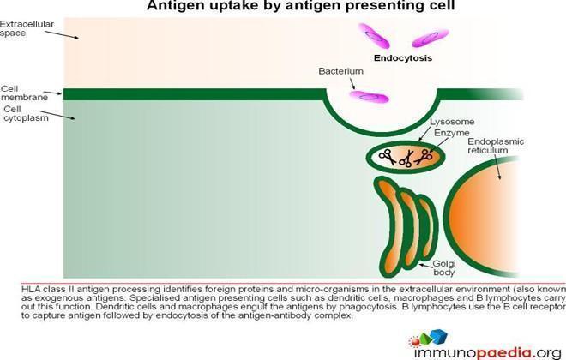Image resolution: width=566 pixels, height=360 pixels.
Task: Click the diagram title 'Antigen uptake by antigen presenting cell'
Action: [300, 5]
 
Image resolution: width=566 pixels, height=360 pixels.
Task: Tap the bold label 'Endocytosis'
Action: [403, 58]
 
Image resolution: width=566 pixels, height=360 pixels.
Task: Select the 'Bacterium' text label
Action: [340, 71]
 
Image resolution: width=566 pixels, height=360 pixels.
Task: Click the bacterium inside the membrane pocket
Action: [370, 97]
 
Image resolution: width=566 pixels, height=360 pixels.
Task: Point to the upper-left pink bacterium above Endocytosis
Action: [374, 35]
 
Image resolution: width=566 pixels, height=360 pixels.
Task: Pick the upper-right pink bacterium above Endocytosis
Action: [431, 38]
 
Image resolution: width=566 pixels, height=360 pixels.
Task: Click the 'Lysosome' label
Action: [452, 122]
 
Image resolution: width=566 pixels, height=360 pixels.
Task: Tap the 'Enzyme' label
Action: [452, 133]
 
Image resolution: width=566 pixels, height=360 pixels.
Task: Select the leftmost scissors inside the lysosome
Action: [387, 157]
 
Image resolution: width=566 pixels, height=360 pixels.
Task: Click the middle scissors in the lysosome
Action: [406, 159]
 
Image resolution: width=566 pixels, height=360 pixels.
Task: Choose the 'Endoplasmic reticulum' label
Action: [496, 146]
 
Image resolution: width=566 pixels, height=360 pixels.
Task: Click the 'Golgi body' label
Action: [444, 268]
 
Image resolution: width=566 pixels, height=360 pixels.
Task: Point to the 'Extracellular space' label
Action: [27, 28]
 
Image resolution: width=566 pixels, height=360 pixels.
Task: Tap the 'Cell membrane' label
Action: [24, 93]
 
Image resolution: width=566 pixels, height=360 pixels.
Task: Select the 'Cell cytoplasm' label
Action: [26, 113]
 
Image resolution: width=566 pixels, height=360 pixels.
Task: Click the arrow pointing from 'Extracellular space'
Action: [62, 34]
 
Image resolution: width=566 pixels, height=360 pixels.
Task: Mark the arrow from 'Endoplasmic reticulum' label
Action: [497, 167]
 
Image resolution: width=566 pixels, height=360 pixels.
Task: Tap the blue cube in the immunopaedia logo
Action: [438, 336]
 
